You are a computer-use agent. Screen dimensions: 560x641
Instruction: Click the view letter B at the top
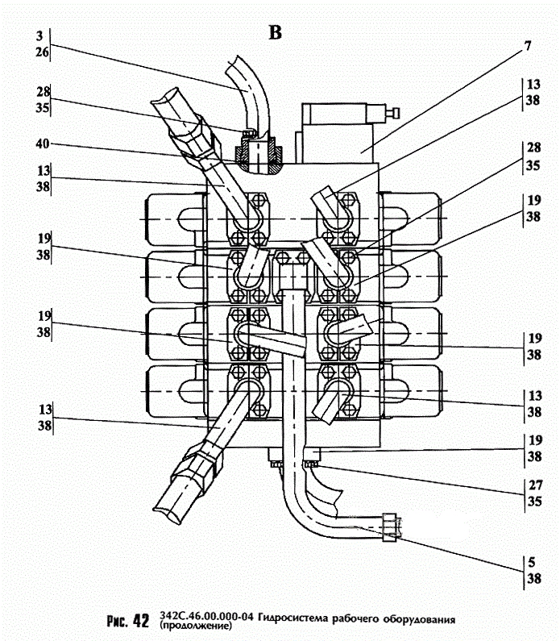click(276, 33)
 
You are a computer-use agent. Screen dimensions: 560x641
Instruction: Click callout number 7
click(528, 46)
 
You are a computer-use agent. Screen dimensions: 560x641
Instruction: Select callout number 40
click(43, 144)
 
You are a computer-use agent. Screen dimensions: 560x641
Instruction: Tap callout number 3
click(39, 36)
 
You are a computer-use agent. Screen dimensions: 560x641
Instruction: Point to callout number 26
click(42, 52)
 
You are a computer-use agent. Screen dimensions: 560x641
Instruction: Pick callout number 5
click(532, 562)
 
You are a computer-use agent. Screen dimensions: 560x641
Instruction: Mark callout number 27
click(535, 485)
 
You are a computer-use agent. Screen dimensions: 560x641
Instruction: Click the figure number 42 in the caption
click(141, 621)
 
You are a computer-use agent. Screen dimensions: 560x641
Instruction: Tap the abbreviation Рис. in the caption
click(118, 621)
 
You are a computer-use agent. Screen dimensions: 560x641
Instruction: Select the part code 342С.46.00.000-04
click(207, 616)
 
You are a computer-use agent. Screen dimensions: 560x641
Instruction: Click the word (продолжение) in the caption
click(196, 626)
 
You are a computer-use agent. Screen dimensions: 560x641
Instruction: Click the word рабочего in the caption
click(355, 618)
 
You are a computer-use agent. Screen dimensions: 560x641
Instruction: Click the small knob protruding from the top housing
click(394, 113)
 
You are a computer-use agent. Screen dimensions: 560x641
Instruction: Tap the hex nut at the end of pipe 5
click(390, 527)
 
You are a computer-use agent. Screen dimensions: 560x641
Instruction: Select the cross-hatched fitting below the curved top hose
click(258, 156)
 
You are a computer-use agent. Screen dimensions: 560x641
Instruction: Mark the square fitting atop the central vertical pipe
click(293, 276)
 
